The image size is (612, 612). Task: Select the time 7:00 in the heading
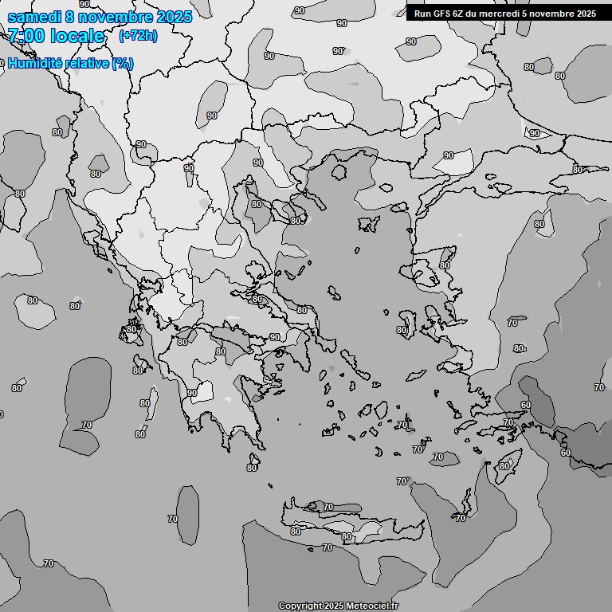coord(25,36)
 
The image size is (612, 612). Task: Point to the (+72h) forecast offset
coord(138,36)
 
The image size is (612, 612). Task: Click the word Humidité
coord(33,64)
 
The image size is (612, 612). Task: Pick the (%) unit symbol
coord(123,64)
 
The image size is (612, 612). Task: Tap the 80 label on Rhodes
coord(504,466)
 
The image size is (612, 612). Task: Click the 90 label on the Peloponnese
coord(192,393)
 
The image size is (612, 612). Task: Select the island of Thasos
coord(339,171)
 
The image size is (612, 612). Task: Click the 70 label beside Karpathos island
coord(460,518)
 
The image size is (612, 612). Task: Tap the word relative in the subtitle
coord(82,64)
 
